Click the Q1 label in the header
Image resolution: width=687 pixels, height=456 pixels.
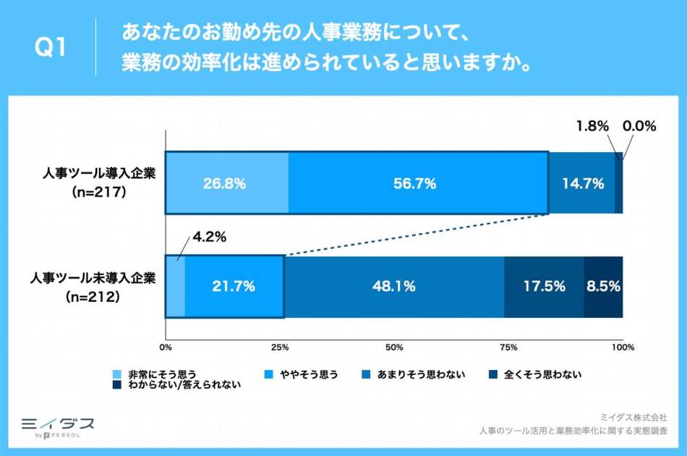[51, 48]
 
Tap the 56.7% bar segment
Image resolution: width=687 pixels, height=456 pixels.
[418, 183]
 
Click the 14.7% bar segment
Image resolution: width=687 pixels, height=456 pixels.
[581, 183]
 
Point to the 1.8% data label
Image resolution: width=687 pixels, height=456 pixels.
[591, 126]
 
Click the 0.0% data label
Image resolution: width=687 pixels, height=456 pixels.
[639, 126]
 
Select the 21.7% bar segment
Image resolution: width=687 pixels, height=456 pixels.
[234, 287]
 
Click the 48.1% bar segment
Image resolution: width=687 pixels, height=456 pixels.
[394, 287]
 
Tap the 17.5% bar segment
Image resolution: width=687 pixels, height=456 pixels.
[544, 287]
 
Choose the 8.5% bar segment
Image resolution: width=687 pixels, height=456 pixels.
[604, 287]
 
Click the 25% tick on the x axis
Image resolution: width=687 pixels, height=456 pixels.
[281, 347]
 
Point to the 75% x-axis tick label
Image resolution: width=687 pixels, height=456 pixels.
[508, 347]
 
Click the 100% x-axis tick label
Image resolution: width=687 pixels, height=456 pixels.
[623, 347]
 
